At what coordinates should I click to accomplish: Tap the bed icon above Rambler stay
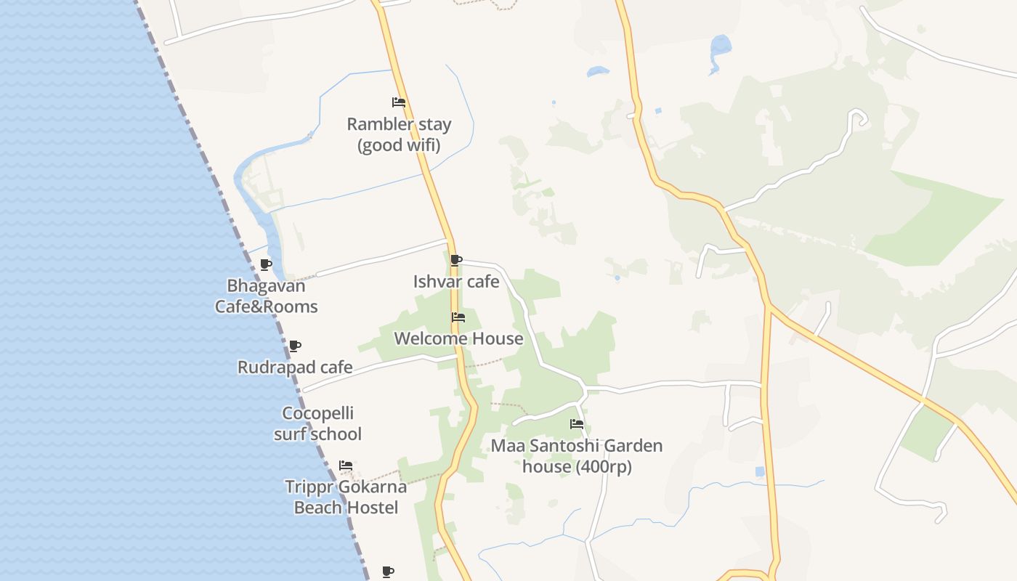pyautogui.click(x=398, y=102)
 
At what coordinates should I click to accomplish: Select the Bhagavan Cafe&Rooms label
pyautogui.click(x=266, y=296)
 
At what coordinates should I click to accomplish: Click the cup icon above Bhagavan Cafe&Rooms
pyautogui.click(x=266, y=264)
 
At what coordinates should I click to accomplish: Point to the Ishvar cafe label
pyautogui.click(x=456, y=282)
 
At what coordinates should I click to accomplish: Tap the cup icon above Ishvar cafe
pyautogui.click(x=456, y=260)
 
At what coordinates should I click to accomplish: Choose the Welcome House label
pyautogui.click(x=458, y=339)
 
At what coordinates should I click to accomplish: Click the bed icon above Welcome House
pyautogui.click(x=458, y=317)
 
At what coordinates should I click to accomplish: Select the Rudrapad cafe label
pyautogui.click(x=295, y=367)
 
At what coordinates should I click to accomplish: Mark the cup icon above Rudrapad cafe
pyautogui.click(x=294, y=346)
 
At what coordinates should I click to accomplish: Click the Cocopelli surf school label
pyautogui.click(x=318, y=424)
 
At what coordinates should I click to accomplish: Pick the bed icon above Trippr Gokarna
pyautogui.click(x=346, y=466)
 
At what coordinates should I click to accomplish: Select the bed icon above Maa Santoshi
pyautogui.click(x=577, y=424)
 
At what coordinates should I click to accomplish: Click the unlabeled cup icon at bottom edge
pyautogui.click(x=388, y=572)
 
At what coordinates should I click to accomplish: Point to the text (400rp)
pyautogui.click(x=604, y=467)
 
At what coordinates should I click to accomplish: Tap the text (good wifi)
pyautogui.click(x=399, y=145)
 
